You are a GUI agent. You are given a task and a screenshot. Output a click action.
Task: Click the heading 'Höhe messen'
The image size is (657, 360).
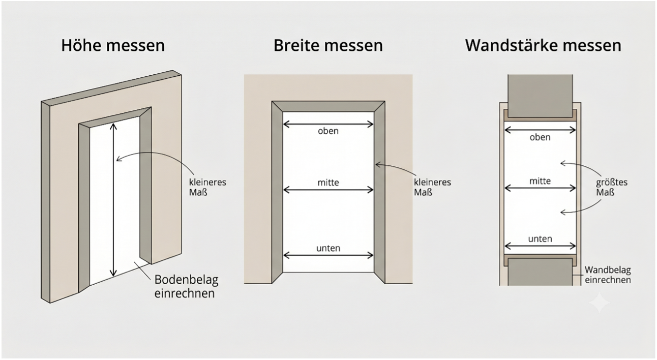113,45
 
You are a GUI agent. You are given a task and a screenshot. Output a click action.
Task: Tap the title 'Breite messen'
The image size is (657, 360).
328,45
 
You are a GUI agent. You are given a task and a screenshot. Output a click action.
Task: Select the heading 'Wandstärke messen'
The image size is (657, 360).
543,45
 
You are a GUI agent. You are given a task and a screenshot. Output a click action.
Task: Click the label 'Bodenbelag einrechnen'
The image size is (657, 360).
187,286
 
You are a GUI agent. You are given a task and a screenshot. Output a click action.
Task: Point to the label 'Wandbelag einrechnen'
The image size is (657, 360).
608,275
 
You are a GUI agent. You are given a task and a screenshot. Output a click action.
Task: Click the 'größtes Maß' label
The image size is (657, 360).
612,187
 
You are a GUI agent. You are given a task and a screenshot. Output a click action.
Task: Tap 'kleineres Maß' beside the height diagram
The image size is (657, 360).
207,187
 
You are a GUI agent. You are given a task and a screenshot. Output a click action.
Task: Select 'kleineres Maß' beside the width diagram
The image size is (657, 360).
433,187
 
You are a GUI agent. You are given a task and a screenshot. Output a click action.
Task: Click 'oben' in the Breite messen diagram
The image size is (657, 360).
328,131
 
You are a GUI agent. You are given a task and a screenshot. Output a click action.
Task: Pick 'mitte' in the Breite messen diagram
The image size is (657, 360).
328,183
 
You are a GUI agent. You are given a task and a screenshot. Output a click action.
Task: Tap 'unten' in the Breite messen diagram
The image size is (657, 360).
328,248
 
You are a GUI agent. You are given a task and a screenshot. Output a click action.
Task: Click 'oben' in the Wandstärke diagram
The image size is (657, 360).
540,137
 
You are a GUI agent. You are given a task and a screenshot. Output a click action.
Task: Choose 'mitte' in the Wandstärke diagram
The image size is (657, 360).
540,181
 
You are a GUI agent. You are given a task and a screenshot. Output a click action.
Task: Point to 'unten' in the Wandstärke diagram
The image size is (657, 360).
540,239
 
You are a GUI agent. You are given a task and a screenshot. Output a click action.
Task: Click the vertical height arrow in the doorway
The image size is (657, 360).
113,200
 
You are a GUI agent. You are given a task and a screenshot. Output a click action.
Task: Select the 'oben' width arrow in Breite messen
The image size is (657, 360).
328,125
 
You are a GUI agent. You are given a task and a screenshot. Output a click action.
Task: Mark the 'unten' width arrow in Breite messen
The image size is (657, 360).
328,256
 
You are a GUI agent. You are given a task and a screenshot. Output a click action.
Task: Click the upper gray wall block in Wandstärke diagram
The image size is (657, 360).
540,96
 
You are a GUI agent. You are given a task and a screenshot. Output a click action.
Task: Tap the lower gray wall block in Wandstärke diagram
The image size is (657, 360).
540,272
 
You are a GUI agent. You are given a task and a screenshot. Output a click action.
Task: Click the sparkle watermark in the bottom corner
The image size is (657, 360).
600,303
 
